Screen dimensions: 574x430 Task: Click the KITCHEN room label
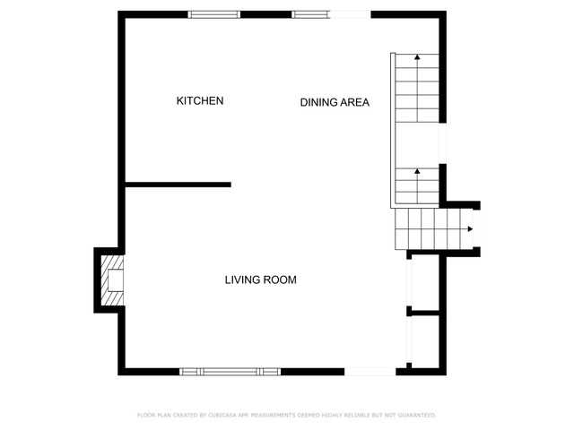(200, 101)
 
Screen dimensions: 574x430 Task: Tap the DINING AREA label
(335, 102)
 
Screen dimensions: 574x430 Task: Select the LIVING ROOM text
(261, 279)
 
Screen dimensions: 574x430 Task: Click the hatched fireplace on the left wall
(112, 280)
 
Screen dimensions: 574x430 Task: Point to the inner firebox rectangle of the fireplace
(116, 280)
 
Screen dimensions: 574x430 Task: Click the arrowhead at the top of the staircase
(417, 56)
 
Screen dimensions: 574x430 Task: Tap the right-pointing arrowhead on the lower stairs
(470, 229)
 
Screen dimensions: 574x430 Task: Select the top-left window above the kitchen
(214, 14)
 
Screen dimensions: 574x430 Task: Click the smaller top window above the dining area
(311, 14)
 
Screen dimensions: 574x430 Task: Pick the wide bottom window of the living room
(230, 372)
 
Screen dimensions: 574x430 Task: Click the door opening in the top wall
(351, 14)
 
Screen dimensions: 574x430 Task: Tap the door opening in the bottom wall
(370, 372)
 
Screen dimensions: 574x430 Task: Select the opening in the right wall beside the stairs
(442, 143)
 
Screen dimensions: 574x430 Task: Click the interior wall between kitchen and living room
(178, 185)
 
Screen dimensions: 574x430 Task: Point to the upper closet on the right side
(425, 282)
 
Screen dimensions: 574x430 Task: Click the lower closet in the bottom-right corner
(425, 342)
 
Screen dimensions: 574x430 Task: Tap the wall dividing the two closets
(425, 313)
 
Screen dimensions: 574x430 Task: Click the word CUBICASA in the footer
(222, 416)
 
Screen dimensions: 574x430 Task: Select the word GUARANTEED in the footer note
(417, 416)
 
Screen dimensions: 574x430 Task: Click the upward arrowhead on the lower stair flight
(417, 171)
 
